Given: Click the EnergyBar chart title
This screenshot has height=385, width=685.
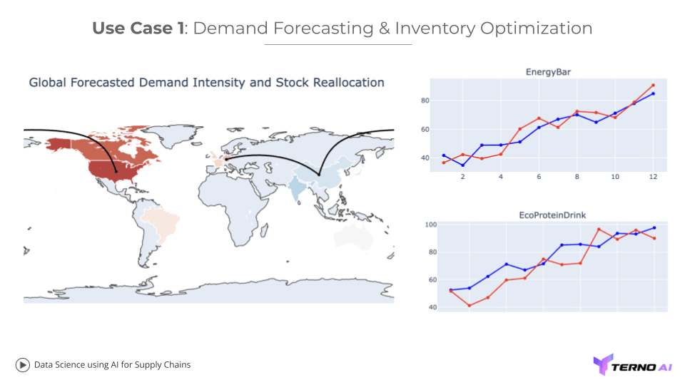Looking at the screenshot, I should tap(547, 72).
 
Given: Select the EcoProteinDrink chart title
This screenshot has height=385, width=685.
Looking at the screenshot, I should tap(547, 214).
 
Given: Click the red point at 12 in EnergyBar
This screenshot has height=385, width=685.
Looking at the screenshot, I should tap(653, 86).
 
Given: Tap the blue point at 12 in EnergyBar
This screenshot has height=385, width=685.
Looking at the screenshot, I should tap(653, 93).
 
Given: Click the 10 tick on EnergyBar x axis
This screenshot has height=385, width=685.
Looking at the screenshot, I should tap(615, 177).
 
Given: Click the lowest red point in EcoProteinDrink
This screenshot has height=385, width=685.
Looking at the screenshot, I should tap(469, 305).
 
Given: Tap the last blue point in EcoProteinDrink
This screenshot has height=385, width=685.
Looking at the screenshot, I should tap(654, 228).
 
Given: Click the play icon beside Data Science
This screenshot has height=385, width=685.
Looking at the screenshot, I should tap(22, 364).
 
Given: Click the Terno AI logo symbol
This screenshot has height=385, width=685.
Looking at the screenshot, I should tap(602, 364).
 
